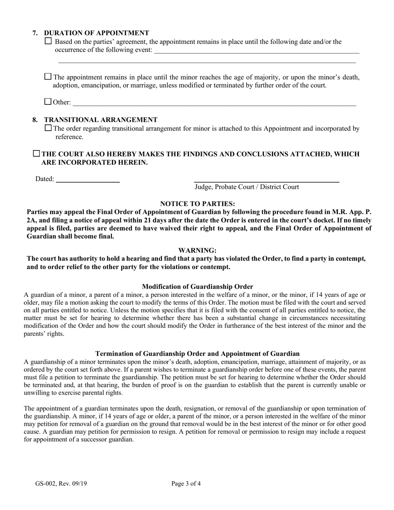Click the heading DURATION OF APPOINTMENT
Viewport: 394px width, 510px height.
point(96,33)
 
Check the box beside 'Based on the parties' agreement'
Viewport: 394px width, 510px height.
point(48,41)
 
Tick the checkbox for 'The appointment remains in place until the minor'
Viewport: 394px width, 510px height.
point(48,76)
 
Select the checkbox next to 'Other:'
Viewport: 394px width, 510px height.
point(48,101)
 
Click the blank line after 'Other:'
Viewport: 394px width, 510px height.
point(214,103)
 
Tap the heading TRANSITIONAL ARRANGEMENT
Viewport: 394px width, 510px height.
point(100,120)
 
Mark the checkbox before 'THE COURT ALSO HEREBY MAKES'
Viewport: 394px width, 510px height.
point(36,154)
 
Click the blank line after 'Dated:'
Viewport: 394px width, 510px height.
point(88,180)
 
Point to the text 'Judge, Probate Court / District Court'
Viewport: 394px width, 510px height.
point(247,187)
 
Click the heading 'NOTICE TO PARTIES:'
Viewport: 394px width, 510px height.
point(197,204)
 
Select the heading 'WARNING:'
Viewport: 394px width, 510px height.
point(197,250)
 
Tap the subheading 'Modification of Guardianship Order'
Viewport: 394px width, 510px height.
point(197,287)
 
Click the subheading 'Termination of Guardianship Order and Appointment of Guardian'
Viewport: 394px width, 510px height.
point(197,354)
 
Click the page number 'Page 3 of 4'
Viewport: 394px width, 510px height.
point(186,483)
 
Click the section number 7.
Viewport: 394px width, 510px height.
point(35,33)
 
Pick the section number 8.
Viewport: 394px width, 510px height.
point(35,120)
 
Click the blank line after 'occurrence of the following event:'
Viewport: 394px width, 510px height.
point(256,51)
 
